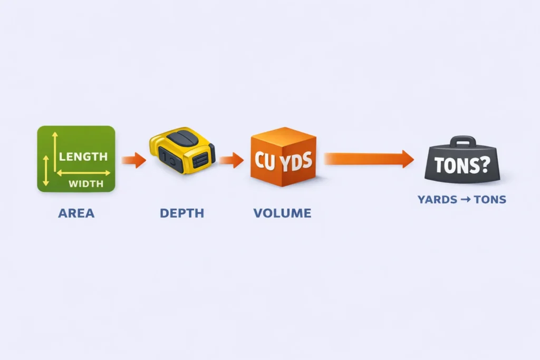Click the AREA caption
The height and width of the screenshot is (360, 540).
click(x=76, y=213)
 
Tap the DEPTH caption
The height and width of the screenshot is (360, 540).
click(x=181, y=213)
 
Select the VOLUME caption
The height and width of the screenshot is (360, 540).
click(x=282, y=213)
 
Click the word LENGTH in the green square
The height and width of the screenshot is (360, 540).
click(x=83, y=157)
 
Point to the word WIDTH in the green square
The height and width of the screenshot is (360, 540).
click(x=86, y=184)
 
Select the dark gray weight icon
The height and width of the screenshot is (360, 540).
click(x=461, y=161)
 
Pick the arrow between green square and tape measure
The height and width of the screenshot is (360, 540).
click(x=133, y=159)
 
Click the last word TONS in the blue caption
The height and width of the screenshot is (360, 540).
click(x=490, y=200)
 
